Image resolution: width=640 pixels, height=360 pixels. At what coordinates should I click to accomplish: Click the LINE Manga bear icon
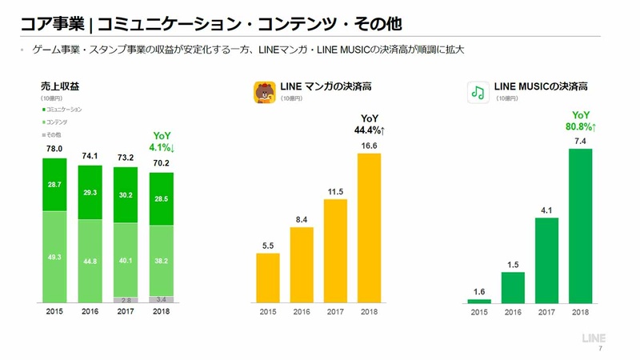coord(265,92)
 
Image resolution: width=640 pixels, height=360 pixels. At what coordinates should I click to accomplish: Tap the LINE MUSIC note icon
coord(478,92)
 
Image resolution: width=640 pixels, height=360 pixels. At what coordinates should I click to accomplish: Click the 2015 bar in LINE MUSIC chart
coord(479,301)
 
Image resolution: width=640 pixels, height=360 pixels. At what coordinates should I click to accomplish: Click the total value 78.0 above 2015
coord(54,150)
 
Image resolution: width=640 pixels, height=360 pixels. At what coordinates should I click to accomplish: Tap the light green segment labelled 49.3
coord(54,257)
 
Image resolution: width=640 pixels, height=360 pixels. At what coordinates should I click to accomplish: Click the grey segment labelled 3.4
coord(161,300)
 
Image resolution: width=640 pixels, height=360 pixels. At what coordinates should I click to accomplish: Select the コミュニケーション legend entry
coord(64,108)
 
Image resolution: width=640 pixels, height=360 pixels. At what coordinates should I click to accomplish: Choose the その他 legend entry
coord(55,134)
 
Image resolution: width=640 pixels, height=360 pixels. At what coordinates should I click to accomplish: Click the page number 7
coord(600,350)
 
